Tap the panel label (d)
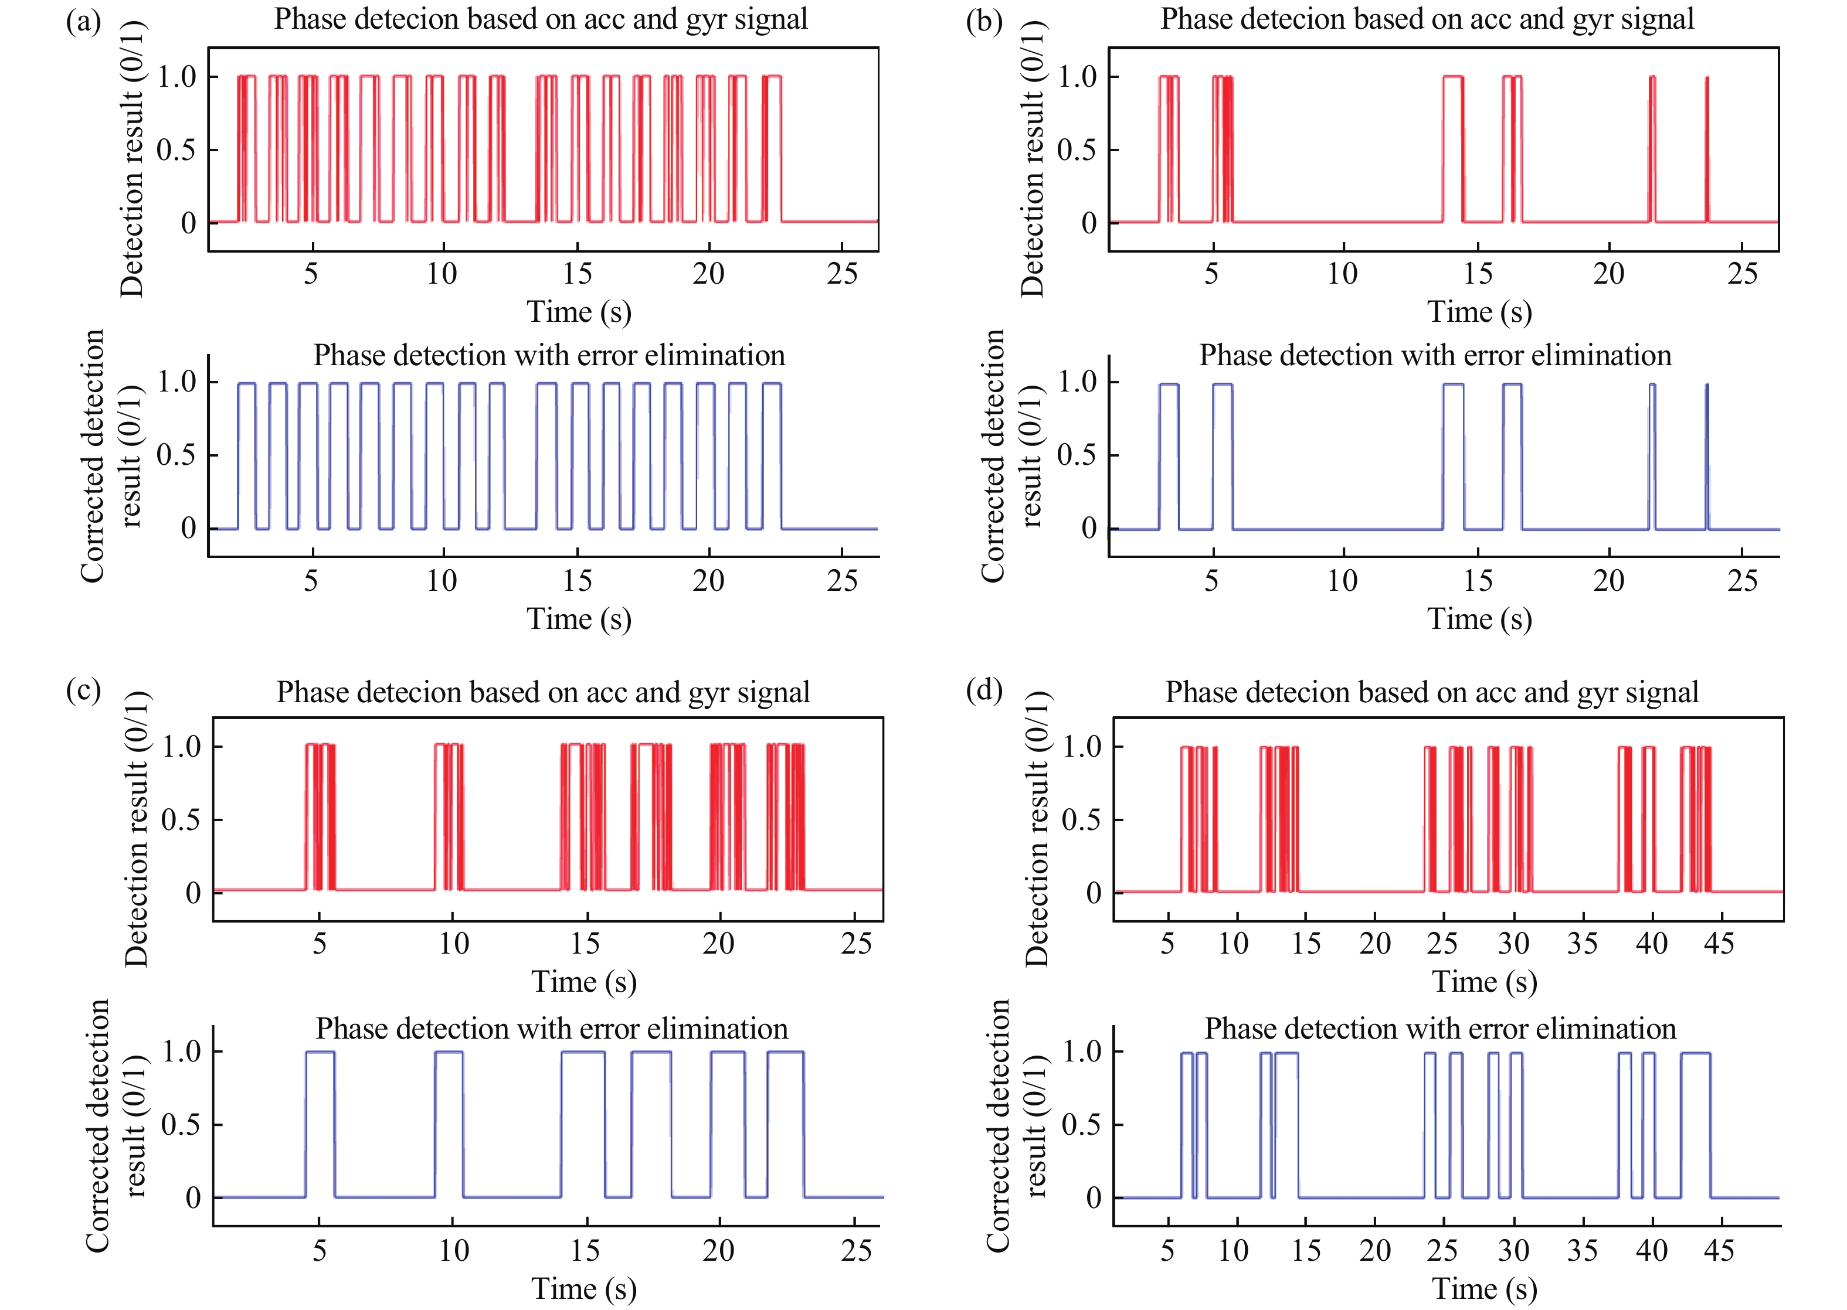tap(984, 690)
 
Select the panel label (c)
tap(83, 690)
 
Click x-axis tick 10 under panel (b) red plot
tap(1342, 274)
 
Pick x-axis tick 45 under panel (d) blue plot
tap(1719, 1250)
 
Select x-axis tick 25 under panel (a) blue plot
tap(841, 581)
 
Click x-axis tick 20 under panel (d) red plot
tap(1374, 943)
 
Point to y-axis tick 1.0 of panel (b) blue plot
tap(1077, 382)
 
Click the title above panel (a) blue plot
tap(549, 356)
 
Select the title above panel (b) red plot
tap(1427, 19)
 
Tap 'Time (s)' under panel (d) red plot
tap(1484, 982)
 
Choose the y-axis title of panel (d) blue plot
tap(1017, 1125)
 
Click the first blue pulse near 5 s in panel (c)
tap(320, 1121)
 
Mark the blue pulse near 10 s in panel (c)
tap(449, 1121)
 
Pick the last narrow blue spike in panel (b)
tap(1707, 456)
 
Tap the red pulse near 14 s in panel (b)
tap(1452, 149)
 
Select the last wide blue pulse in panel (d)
tap(1695, 1121)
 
